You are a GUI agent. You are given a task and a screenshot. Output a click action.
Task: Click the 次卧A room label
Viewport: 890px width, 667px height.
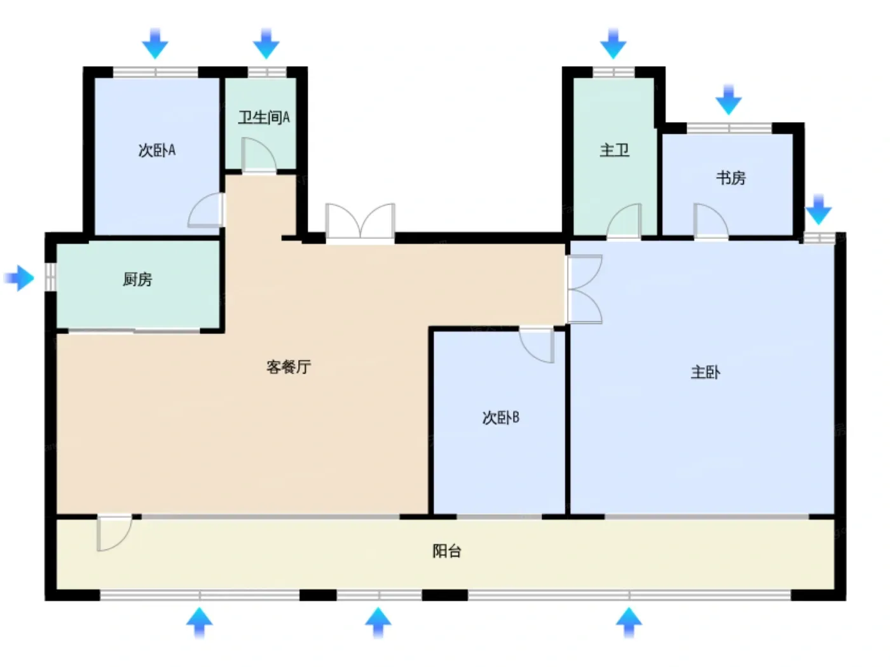[x=157, y=151]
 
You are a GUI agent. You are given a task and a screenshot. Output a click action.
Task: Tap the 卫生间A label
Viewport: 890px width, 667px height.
[x=264, y=118]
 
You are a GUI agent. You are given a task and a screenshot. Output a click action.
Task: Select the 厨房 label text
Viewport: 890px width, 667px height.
[x=137, y=280]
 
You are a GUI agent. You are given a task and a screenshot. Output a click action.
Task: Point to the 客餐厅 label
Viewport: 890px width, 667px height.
[x=289, y=367]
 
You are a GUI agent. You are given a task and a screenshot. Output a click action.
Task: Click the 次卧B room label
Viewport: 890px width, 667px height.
[x=501, y=417]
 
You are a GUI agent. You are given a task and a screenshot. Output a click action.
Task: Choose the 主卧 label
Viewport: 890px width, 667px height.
[x=706, y=372]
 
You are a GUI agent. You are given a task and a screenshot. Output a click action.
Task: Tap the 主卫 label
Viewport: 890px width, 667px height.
[x=615, y=151]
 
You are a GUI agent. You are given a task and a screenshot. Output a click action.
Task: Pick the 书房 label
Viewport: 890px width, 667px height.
[x=730, y=178]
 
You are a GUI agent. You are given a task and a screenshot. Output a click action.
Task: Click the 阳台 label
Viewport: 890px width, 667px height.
[x=447, y=551]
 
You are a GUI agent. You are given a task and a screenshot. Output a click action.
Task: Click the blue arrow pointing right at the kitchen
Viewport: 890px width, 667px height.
[x=18, y=278]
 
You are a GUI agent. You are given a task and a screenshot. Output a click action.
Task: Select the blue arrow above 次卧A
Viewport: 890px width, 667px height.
[x=155, y=43]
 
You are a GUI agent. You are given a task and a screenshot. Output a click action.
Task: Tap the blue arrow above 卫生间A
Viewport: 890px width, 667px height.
[x=266, y=43]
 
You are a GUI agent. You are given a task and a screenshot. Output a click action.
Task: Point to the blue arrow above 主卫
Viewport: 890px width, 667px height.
[x=613, y=43]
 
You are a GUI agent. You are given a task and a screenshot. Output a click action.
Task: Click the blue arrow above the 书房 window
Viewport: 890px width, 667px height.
[x=729, y=99]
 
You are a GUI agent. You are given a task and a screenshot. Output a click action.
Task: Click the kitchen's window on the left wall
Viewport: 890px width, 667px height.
[x=50, y=277]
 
